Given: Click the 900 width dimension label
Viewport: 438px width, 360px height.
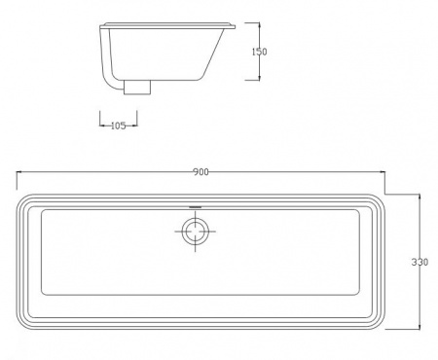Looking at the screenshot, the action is [201, 172].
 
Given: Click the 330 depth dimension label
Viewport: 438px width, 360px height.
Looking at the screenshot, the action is [420, 262].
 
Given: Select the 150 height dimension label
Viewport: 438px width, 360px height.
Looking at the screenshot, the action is [260, 52].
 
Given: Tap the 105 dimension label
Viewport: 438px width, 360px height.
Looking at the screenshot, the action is [118, 126].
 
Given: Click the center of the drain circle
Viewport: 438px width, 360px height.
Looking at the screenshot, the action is [195, 232].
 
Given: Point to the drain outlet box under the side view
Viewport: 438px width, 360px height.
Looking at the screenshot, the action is [137, 88].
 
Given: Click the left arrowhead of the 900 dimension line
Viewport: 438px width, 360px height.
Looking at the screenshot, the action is [18, 172].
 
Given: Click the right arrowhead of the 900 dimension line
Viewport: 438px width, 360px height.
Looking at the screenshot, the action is [383, 172].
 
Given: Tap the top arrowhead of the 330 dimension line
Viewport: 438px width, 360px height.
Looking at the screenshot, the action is [420, 197].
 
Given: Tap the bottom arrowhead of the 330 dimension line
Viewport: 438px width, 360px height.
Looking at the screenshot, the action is [420, 326].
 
